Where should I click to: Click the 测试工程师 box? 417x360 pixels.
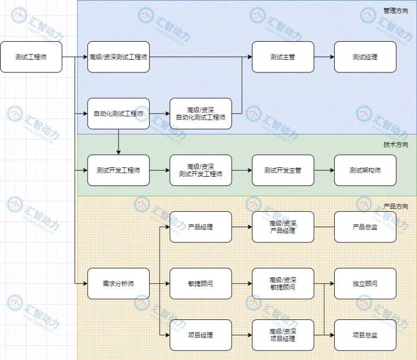click(x=31, y=57)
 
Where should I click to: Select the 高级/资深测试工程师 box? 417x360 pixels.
click(x=119, y=57)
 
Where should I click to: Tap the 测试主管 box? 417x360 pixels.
click(x=283, y=57)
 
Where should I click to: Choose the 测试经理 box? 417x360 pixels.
click(x=365, y=57)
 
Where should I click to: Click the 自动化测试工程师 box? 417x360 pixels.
click(x=119, y=114)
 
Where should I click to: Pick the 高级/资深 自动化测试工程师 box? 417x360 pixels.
click(x=201, y=114)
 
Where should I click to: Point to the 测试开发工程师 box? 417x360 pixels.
click(x=119, y=170)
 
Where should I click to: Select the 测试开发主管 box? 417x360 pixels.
click(x=283, y=170)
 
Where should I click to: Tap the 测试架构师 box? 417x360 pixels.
click(x=365, y=170)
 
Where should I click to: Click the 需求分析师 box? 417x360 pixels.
click(x=119, y=284)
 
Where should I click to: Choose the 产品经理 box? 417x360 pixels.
click(x=201, y=227)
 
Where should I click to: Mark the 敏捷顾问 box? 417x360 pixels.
click(x=201, y=284)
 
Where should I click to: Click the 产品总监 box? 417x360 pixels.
click(x=365, y=227)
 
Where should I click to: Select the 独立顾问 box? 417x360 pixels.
click(x=365, y=284)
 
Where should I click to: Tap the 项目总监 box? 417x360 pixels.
click(x=365, y=335)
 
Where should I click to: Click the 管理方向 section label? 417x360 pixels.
click(x=396, y=11)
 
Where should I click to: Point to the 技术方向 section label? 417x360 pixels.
click(x=396, y=145)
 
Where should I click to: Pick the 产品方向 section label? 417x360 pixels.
click(x=396, y=206)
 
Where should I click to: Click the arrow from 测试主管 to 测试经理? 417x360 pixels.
click(x=324, y=57)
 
